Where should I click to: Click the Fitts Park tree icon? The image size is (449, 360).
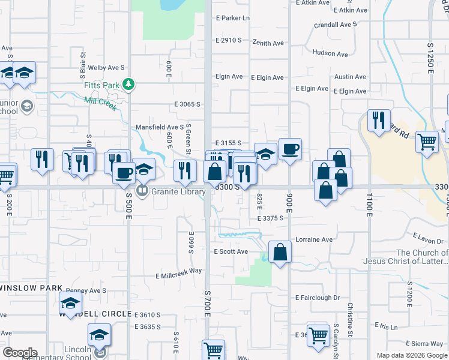click(x=128, y=85)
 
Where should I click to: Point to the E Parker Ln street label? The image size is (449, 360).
click(x=232, y=18)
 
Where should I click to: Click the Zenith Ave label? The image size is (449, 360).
click(x=268, y=43)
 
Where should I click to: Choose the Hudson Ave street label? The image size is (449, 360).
click(x=330, y=54)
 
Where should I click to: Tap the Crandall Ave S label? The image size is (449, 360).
click(x=336, y=25)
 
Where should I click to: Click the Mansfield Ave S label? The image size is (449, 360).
click(x=159, y=127)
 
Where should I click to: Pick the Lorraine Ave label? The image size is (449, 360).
click(x=313, y=239)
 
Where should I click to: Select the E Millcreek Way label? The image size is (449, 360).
click(x=178, y=274)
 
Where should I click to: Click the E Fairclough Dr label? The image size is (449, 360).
click(x=318, y=298)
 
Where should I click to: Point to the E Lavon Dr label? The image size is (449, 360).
click(x=428, y=239)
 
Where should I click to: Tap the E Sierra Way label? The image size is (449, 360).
click(x=423, y=343)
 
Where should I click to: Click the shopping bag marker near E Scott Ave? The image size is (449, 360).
click(x=280, y=252)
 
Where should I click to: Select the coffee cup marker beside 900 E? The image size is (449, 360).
click(x=290, y=149)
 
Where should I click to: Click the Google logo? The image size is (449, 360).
click(x=20, y=352)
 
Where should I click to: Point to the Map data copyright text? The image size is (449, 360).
click(x=412, y=355)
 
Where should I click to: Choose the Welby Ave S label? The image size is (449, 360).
click(x=106, y=68)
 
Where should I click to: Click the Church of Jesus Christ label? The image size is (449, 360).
click(x=405, y=257)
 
